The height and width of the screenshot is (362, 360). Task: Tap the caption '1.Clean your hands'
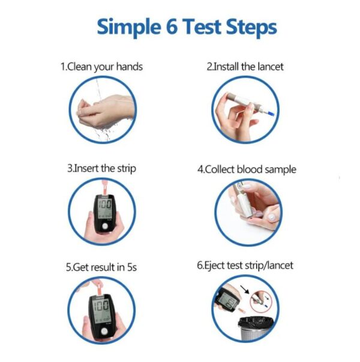(101, 67)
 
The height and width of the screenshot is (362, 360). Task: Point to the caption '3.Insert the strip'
(101, 169)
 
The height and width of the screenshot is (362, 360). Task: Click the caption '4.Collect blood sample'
(247, 169)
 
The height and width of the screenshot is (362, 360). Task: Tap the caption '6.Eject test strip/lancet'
(247, 265)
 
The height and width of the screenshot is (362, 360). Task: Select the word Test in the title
(202, 27)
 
